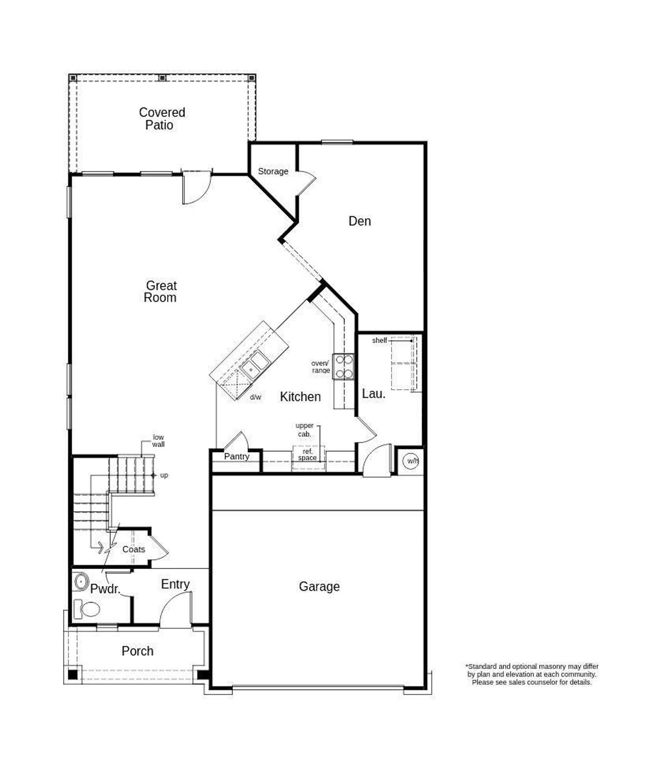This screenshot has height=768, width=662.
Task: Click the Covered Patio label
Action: tap(161, 119)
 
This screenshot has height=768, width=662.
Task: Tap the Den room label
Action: tap(359, 221)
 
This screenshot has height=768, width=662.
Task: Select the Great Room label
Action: tap(160, 291)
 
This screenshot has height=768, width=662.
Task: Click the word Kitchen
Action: tap(300, 397)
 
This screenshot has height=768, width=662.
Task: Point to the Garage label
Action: tap(319, 587)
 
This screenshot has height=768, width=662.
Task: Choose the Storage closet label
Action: tap(273, 172)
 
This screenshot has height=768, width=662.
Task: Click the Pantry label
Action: tap(236, 457)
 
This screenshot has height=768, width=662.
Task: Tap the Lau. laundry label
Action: tap(373, 394)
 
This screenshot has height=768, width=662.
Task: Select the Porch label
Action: tap(137, 651)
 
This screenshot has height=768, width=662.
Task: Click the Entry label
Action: tap(175, 585)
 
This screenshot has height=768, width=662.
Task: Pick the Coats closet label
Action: tap(133, 549)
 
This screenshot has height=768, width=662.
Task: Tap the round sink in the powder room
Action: tap(81, 581)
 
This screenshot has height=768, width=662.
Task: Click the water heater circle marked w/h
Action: tap(412, 461)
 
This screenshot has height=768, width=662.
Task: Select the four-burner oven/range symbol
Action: tap(343, 366)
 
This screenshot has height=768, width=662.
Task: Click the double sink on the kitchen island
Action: tap(253, 363)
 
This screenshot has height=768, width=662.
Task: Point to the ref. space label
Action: tap(308, 455)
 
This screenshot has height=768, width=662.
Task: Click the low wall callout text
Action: tap(158, 441)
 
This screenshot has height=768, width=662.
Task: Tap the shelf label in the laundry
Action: tap(379, 341)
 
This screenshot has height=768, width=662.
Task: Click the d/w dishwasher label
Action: tap(255, 397)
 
